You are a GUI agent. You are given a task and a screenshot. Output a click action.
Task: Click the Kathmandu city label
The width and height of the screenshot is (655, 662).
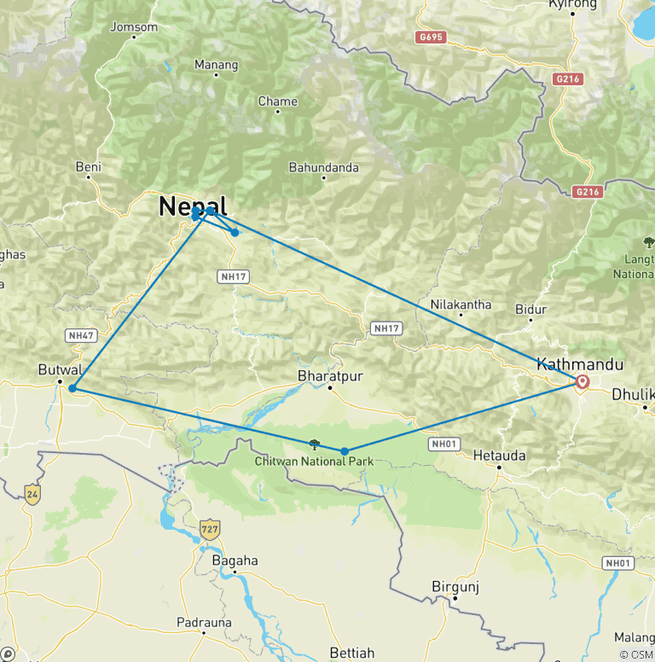pos(579,364)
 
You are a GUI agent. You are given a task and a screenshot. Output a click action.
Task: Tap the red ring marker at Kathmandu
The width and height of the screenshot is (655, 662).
pos(583,382)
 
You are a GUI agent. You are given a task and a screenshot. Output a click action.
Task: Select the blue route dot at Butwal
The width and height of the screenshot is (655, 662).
pos(72,389)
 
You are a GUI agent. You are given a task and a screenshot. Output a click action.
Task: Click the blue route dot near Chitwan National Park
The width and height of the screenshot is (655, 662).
pos(345,451)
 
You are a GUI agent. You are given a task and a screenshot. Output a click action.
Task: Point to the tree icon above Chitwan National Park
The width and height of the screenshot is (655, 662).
pos(315,444)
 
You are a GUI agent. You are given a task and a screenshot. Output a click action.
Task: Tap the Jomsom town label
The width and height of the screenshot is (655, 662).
pos(134,27)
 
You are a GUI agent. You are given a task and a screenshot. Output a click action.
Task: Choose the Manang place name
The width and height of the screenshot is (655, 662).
pos(210,64)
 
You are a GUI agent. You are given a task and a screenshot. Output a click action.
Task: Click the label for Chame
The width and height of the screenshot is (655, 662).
pos(278,102)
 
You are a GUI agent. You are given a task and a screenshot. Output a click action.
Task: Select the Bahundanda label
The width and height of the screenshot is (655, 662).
pos(323,167)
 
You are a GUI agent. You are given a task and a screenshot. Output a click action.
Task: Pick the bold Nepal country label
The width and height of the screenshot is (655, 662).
pos(193,206)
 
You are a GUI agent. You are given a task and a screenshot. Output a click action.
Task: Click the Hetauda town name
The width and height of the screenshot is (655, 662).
pos(499,456)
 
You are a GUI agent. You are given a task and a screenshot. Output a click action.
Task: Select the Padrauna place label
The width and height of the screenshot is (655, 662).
pos(204,622)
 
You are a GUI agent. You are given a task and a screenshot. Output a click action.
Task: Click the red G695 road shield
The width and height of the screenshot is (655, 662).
pos(432,38)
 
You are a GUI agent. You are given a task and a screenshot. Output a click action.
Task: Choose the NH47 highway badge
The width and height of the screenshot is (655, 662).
pos(81,336)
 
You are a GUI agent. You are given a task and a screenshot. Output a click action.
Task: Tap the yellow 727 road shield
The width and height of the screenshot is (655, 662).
pos(209,529)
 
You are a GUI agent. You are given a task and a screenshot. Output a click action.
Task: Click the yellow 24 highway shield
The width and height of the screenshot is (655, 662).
pos(32,494)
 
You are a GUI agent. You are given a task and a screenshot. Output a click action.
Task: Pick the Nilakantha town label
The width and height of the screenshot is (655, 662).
pos(461,304)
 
